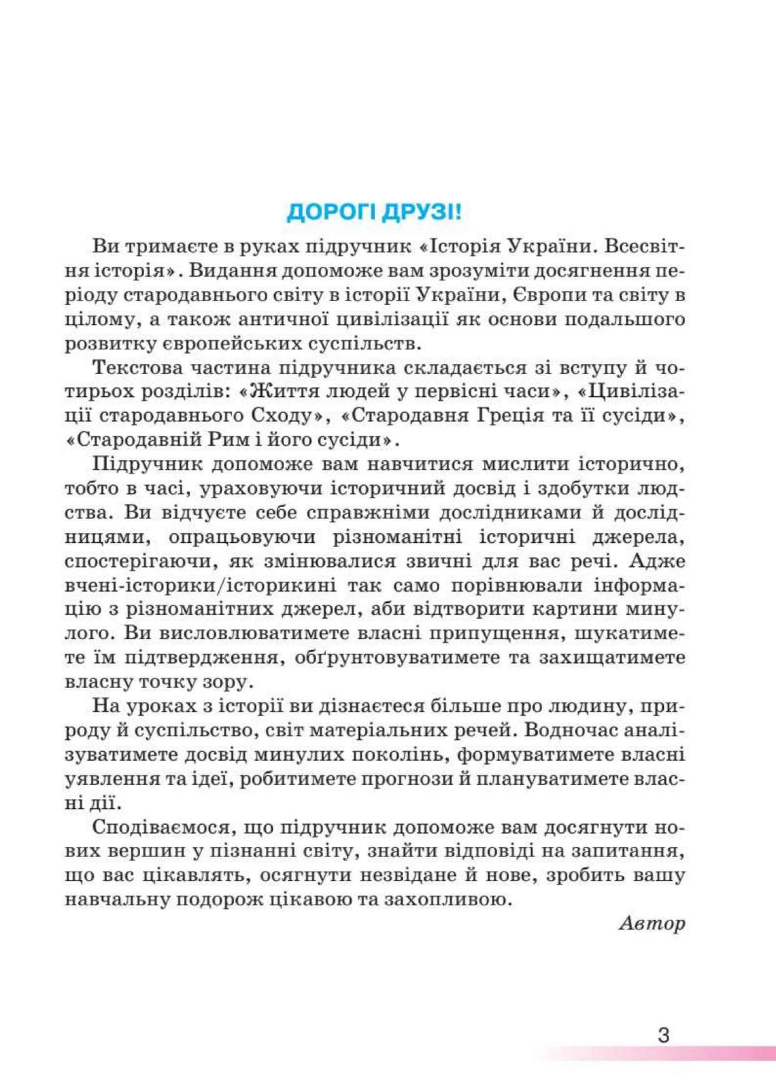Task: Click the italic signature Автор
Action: click(x=651, y=923)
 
